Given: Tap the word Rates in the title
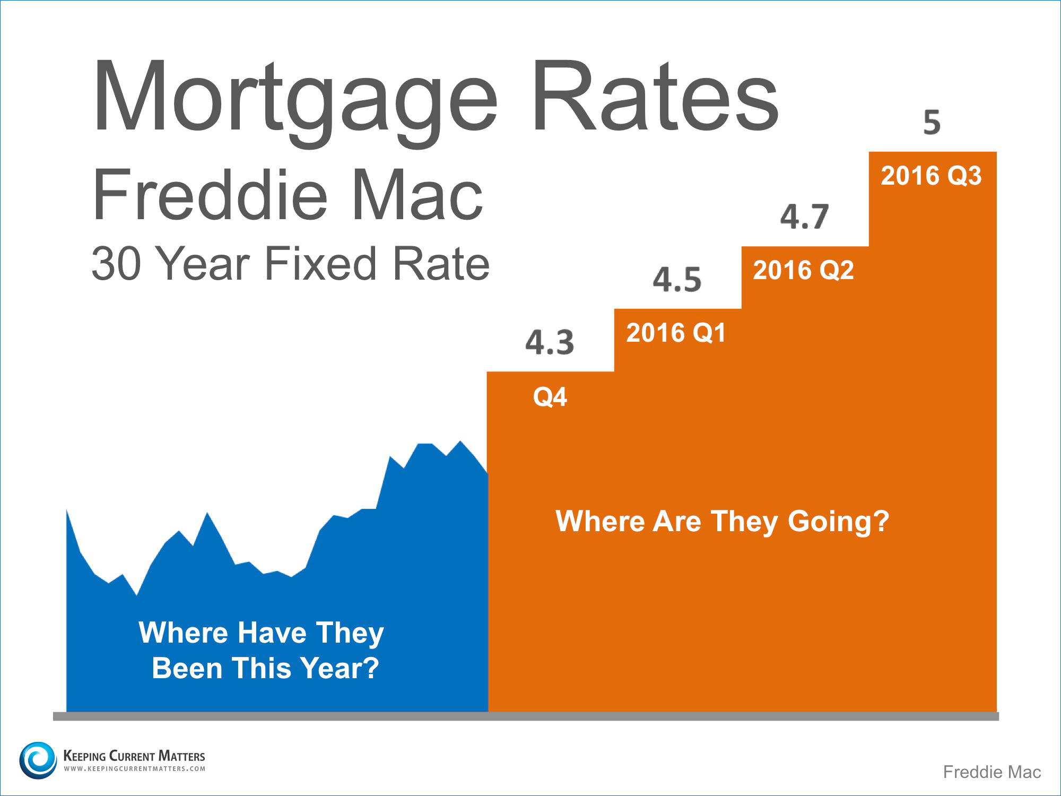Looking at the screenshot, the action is click(656, 96).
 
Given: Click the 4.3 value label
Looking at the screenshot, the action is click(550, 342).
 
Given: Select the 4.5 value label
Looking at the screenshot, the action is click(677, 280).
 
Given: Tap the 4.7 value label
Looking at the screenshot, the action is click(804, 217).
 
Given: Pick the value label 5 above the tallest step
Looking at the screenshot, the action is click(932, 123).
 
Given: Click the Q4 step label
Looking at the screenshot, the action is click(550, 397).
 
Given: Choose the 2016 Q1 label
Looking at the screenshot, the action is click(676, 333).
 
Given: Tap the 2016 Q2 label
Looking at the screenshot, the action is click(804, 270).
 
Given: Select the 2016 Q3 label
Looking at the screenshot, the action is click(931, 176).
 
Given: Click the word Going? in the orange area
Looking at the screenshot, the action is click(838, 522).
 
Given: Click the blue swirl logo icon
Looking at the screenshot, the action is click(38, 760).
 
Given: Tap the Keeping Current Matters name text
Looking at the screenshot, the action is click(134, 756).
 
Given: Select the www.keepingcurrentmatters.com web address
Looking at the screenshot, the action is click(134, 769).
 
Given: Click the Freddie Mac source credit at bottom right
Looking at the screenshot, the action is click(992, 772).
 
